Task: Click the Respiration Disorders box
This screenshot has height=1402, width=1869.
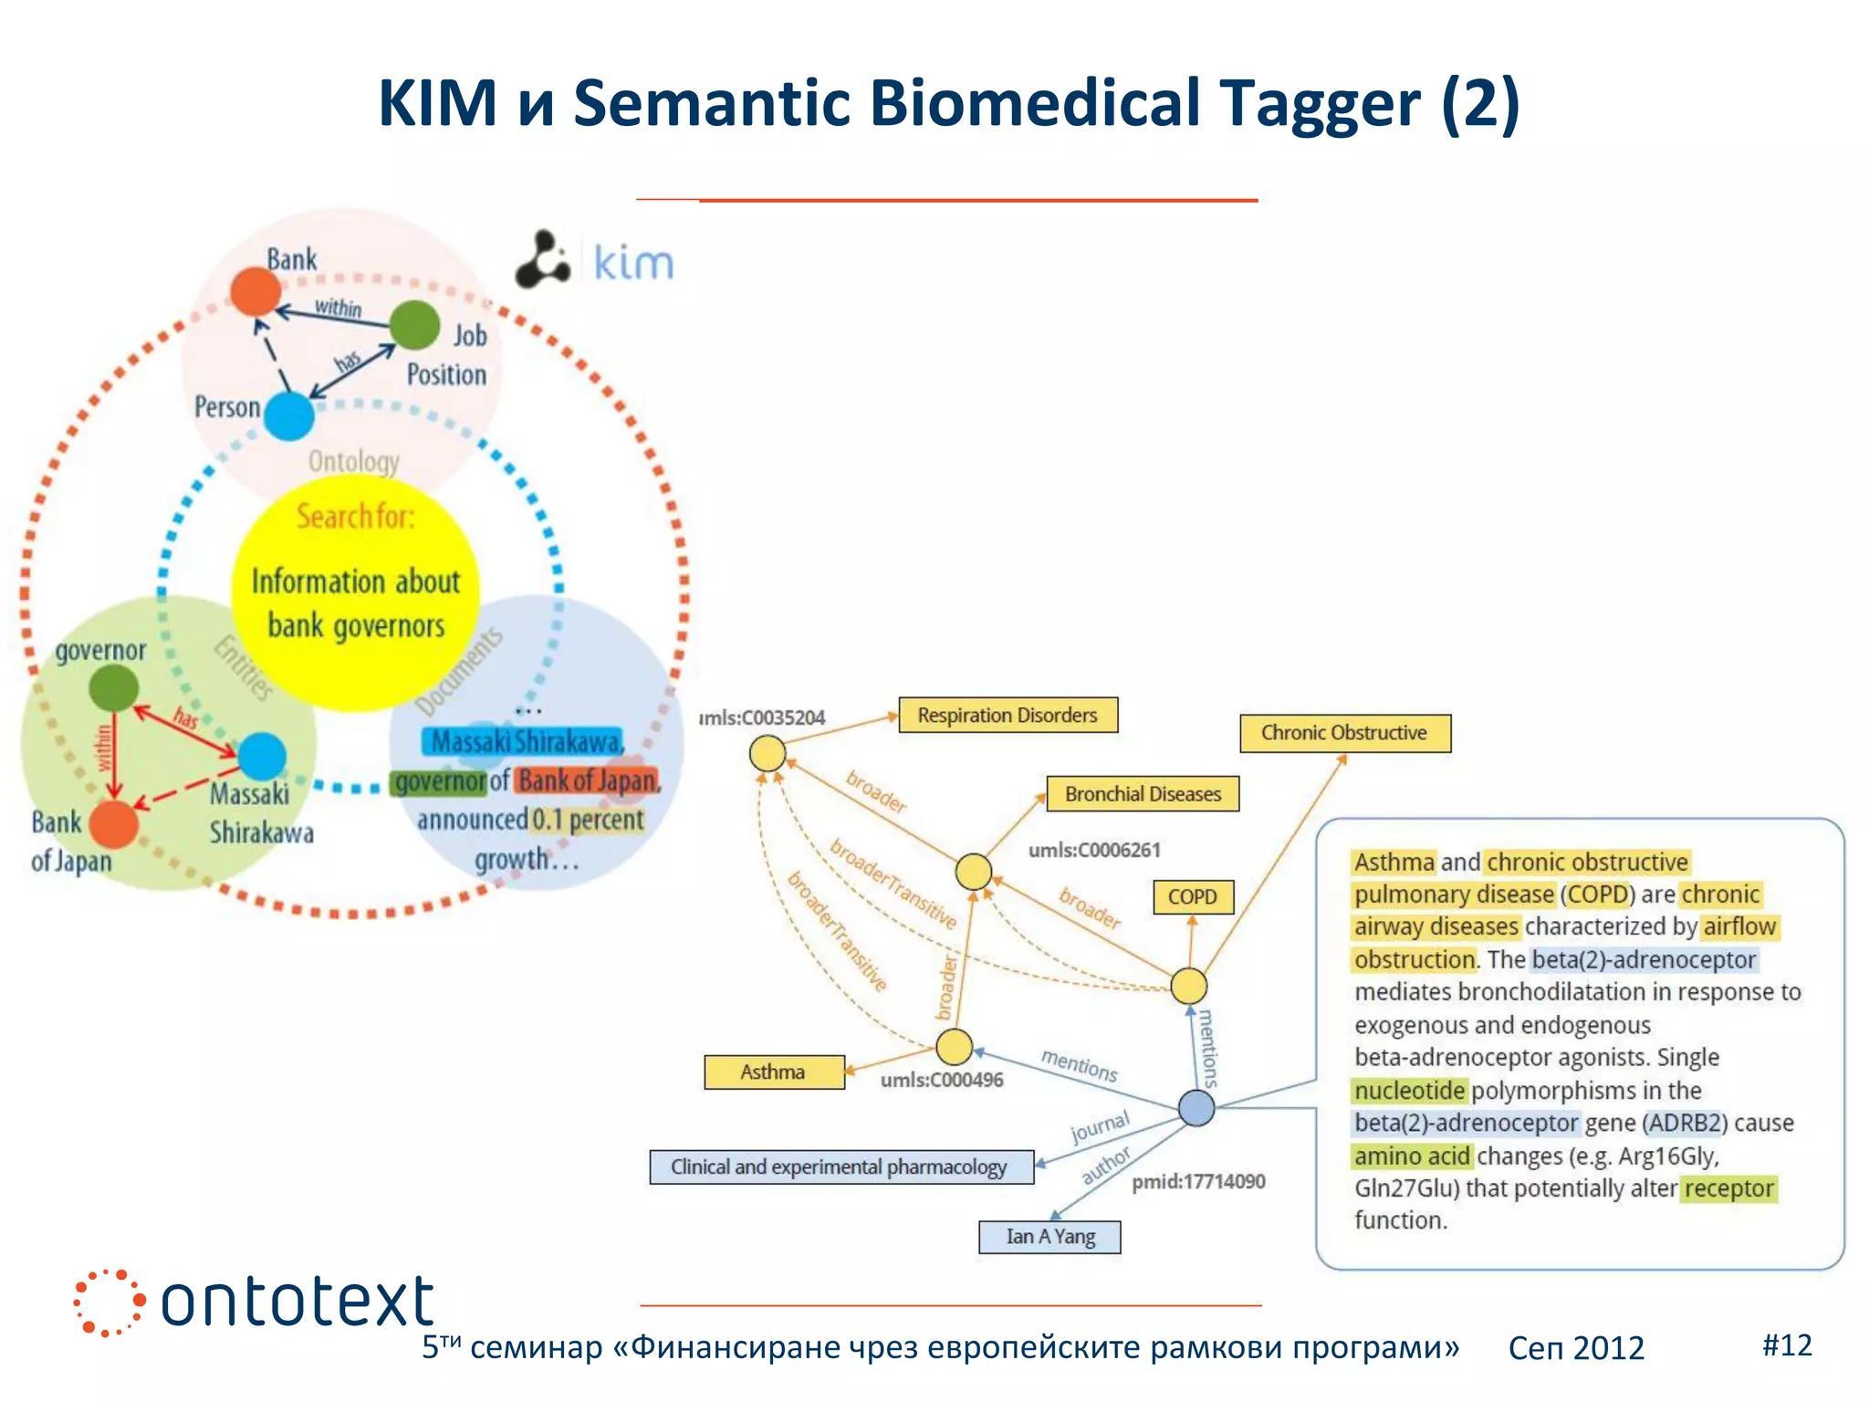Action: click(1008, 715)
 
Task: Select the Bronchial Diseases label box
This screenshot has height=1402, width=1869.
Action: click(1143, 794)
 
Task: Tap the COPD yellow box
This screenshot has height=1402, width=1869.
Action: click(1192, 896)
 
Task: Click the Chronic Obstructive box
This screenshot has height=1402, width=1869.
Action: click(1344, 733)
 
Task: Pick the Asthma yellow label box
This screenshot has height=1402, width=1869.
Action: click(773, 1072)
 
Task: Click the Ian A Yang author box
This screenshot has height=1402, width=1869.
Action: click(1049, 1237)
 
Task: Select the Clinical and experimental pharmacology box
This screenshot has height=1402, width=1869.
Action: click(840, 1167)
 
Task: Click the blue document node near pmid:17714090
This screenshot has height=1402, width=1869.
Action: click(1196, 1107)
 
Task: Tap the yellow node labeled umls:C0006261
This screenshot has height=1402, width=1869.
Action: click(974, 871)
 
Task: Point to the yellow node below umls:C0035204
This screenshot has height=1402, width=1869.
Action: click(767, 754)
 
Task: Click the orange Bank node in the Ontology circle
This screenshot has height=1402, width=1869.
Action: click(255, 291)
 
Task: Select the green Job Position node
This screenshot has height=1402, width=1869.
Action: click(414, 325)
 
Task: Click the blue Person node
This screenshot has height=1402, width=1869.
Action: click(289, 416)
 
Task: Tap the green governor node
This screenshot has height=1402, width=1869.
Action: click(114, 687)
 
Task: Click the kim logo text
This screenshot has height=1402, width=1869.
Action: click(633, 263)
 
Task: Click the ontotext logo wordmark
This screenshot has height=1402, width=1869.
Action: click(297, 1302)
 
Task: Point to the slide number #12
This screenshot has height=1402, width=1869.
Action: click(1786, 1344)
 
